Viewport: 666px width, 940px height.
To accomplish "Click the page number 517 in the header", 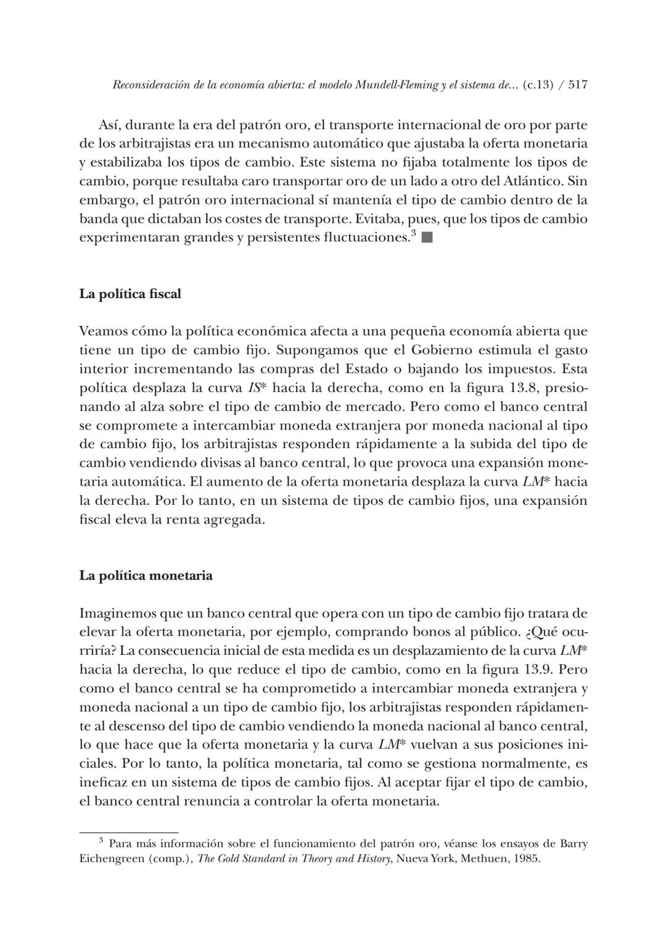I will pos(577,85).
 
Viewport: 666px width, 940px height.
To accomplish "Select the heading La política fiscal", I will pos(130,294).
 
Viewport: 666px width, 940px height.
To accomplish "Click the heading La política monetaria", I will pos(146,576).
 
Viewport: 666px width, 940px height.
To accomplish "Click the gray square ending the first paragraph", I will pos(427,238).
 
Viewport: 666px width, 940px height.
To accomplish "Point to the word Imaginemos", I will pos(117,613).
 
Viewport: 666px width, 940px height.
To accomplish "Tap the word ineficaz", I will pos(102,783).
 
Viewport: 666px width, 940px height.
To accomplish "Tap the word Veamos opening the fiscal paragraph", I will pos(101,331).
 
